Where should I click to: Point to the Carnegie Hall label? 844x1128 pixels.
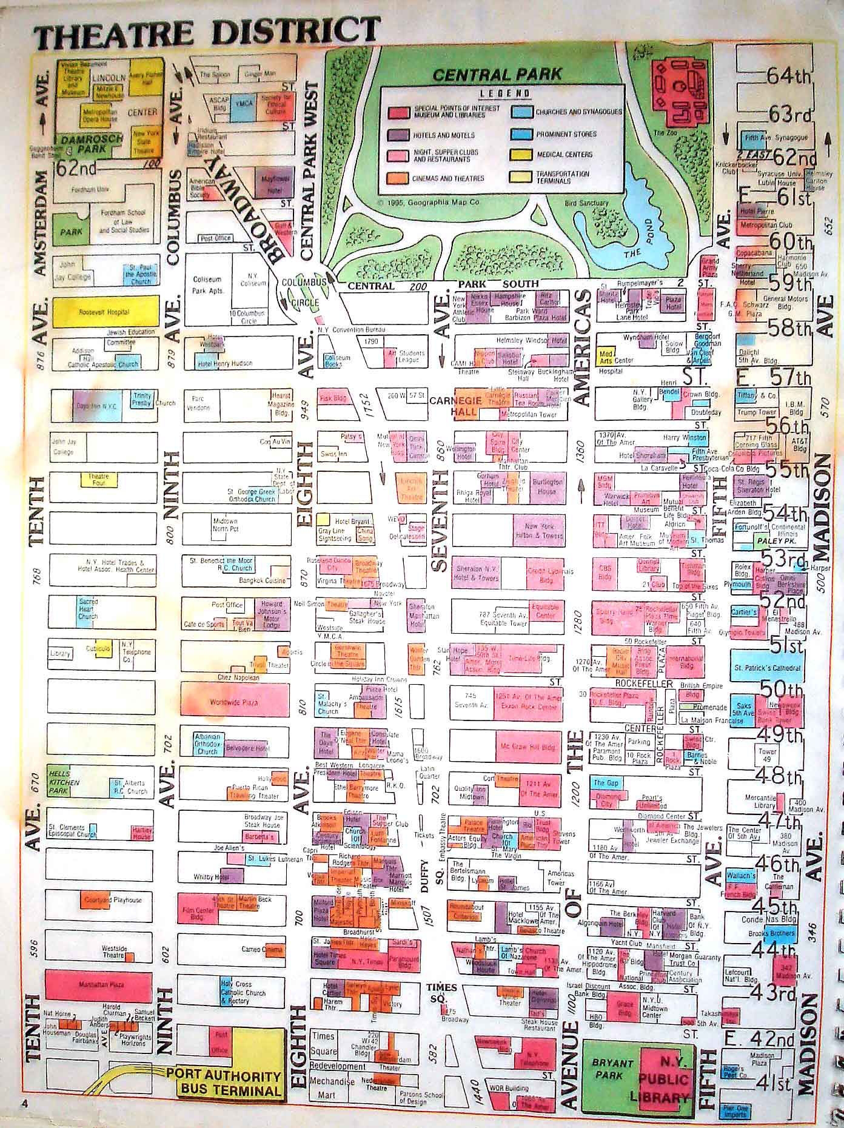(x=465, y=406)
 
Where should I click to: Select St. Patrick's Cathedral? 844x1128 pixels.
(x=768, y=668)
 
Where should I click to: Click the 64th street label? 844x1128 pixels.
(x=789, y=76)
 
